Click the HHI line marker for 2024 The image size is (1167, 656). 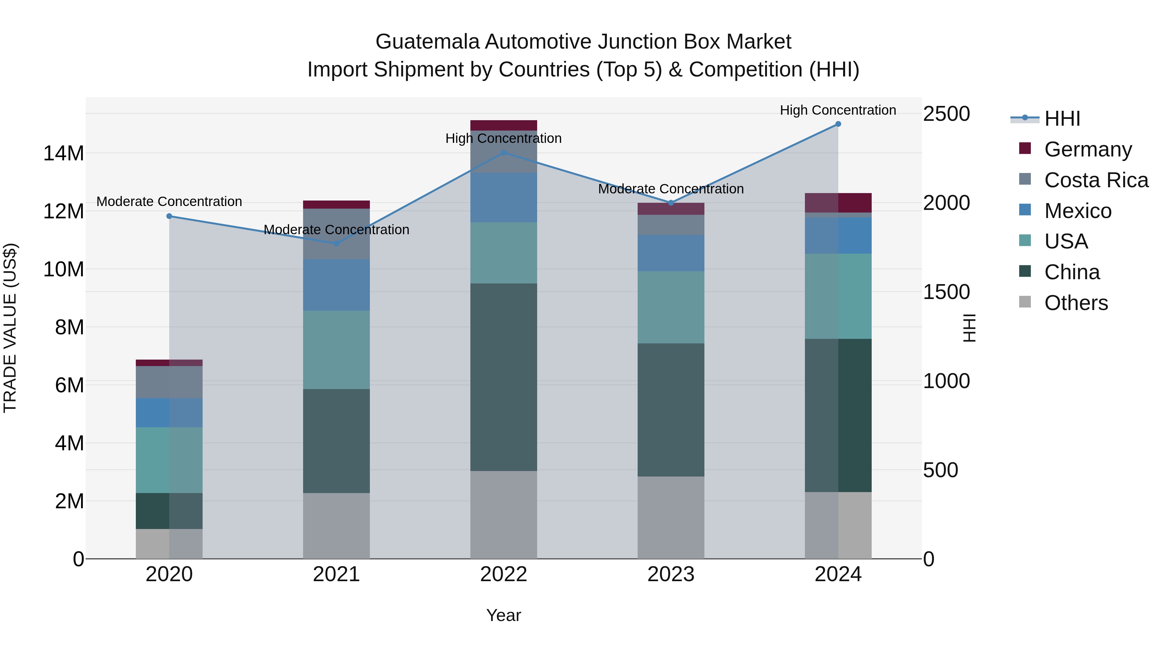838,124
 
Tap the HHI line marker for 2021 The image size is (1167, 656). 336,244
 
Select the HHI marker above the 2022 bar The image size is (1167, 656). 503,153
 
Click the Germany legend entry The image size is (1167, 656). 1087,149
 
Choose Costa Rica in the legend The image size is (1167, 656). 1095,180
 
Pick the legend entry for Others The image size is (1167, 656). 1076,303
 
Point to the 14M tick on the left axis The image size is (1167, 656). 64,154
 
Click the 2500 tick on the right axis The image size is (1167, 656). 946,114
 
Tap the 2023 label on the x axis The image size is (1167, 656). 670,574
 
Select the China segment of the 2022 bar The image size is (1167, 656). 503,377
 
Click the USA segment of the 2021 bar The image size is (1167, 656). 336,350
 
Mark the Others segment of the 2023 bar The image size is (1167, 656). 670,517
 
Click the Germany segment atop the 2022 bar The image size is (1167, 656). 503,125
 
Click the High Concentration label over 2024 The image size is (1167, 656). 838,110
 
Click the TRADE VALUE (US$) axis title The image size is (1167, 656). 10,328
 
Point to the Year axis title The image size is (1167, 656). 503,615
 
